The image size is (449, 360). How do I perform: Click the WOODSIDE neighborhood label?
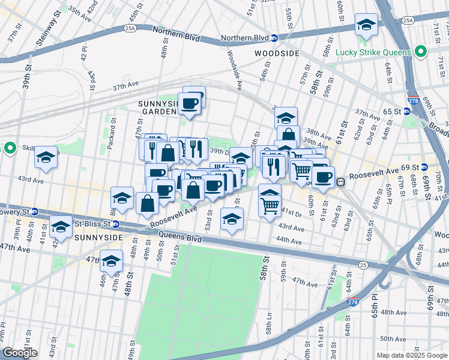click(x=277, y=53)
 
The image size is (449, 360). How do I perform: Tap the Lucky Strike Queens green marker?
click(x=421, y=52)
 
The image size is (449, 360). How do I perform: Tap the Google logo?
click(x=20, y=353)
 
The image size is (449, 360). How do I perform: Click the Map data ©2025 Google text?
click(x=412, y=355)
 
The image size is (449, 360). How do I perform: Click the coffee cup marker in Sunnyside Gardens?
click(x=190, y=103)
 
